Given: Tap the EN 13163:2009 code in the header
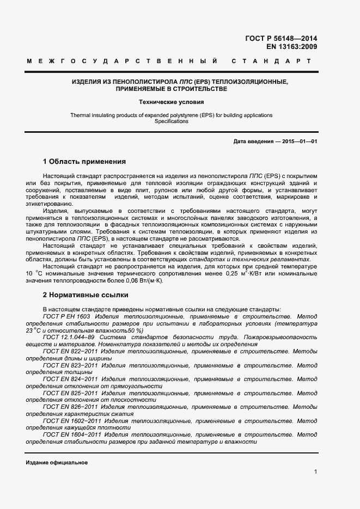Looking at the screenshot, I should click(x=291, y=47).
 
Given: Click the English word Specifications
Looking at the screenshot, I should click(x=171, y=121).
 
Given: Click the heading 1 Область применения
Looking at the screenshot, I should click(x=84, y=162).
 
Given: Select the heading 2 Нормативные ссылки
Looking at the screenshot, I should click(x=86, y=295).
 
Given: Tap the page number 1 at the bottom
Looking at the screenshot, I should click(x=315, y=471).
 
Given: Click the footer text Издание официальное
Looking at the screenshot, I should click(x=57, y=462).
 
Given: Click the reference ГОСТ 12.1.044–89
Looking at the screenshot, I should click(x=69, y=337).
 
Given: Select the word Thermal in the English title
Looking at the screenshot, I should click(x=80, y=115).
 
